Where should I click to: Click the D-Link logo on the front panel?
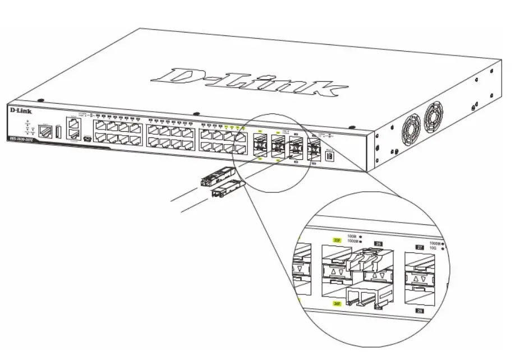click(21, 111)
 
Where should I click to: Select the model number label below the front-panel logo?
click(20, 139)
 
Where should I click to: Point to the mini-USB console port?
click(86, 138)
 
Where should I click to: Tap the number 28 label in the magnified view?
click(419, 310)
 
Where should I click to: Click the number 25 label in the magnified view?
click(378, 243)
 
